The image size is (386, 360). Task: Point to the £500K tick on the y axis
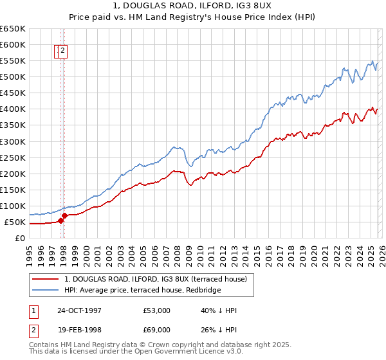[13, 77]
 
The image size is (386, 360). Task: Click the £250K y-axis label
[13, 157]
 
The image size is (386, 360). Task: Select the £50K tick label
[15, 222]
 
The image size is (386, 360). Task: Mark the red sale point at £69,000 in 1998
[65, 215]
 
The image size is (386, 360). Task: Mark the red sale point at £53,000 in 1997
[61, 221]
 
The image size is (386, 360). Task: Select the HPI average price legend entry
[142, 291]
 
